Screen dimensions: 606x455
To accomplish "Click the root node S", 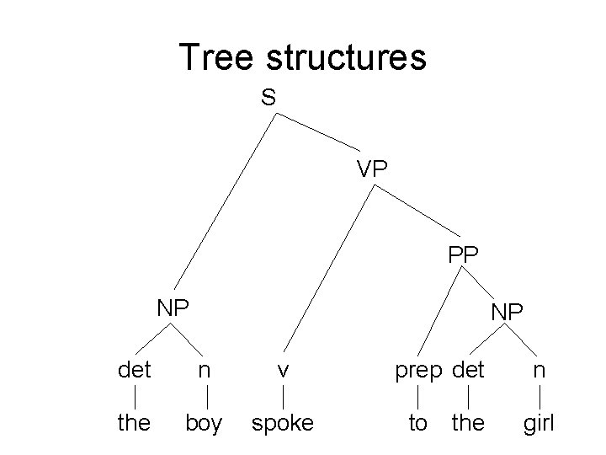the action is (x=268, y=98).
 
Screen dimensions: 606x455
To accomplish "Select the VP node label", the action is (x=371, y=169).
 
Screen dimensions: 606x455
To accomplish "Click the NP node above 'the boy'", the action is (x=173, y=308).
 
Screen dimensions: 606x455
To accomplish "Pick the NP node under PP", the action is (x=507, y=313).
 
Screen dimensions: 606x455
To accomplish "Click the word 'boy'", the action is (x=204, y=423).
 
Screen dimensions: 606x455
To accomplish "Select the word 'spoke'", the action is (x=283, y=423).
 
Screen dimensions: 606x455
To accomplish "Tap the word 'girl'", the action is (x=539, y=423).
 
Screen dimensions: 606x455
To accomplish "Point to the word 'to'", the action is (x=417, y=423).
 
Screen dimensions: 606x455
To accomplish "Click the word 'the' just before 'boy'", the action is (x=134, y=422).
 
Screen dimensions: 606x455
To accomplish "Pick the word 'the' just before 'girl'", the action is (x=468, y=422).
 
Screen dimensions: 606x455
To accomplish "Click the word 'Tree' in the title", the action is (x=217, y=57).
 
